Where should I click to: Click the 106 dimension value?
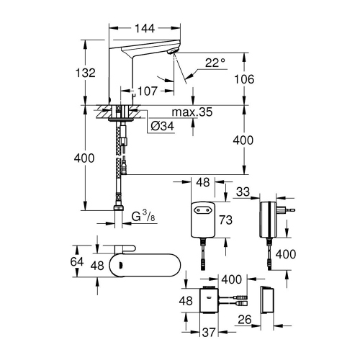(x=249, y=80)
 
